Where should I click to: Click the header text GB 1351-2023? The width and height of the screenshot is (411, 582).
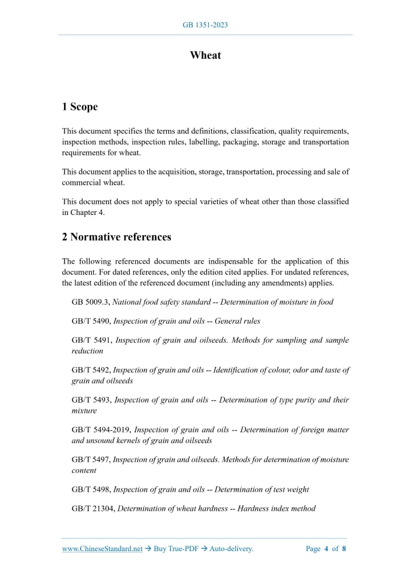(x=205, y=25)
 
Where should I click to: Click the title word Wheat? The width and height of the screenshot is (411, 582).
(x=205, y=55)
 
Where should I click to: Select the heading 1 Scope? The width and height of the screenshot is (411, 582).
(x=79, y=107)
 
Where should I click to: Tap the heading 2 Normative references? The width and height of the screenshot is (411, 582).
(x=116, y=237)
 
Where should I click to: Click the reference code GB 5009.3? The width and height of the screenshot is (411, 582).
(x=90, y=302)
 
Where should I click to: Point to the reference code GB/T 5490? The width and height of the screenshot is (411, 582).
(x=91, y=321)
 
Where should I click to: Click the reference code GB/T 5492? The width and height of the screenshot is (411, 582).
(x=91, y=370)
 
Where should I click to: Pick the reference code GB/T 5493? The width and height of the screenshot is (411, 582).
(x=91, y=400)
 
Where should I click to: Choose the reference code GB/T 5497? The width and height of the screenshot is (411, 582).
(x=91, y=460)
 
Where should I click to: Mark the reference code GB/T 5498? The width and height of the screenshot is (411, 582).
(x=91, y=489)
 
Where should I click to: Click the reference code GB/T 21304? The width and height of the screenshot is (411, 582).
(x=93, y=508)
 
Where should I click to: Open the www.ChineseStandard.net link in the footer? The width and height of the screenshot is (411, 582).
(x=102, y=549)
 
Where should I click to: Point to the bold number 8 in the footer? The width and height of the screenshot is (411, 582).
(x=344, y=549)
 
